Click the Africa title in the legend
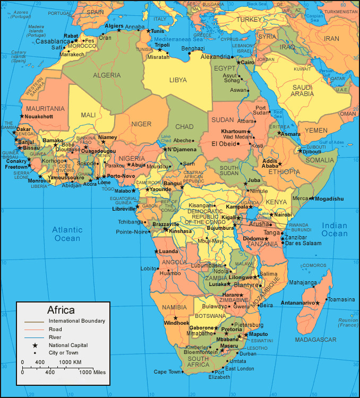point(61,310)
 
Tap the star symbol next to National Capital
point(35,345)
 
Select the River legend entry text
point(55,337)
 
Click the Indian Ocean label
point(335,229)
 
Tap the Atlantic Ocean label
point(67,234)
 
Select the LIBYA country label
point(178,80)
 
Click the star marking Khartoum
point(248,131)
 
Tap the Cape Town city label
point(167,372)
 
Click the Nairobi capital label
point(284,215)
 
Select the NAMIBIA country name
point(175,308)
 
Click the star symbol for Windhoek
point(175,317)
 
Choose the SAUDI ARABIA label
point(303,91)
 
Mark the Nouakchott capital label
point(39,116)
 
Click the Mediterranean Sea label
point(179,39)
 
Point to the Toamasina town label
point(340,299)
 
